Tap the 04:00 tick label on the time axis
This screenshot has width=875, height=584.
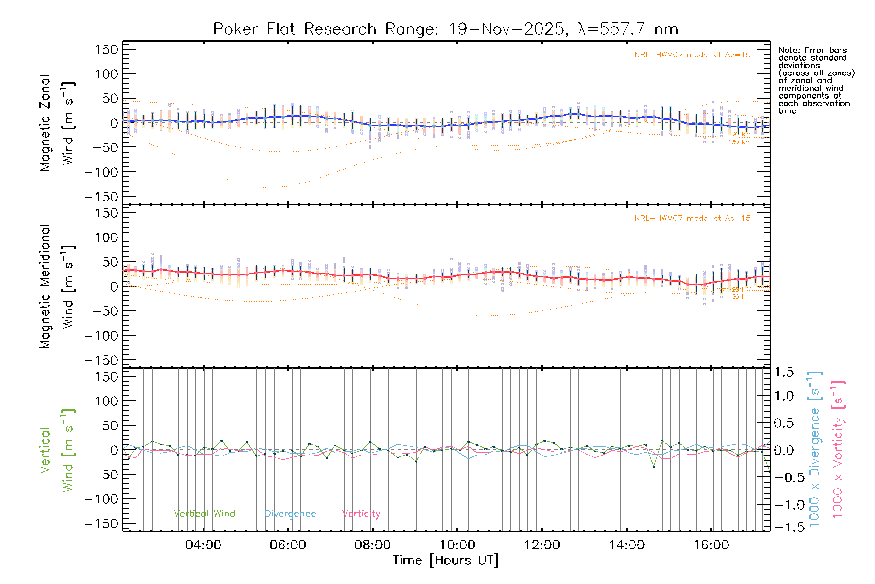pos(203,545)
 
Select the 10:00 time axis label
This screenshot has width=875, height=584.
pos(457,545)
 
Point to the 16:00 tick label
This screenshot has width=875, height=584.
pos(711,545)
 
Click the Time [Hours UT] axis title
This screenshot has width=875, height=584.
pos(446,560)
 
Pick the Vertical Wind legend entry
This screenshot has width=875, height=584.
pos(205,514)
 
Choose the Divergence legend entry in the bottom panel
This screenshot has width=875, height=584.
pos(290,514)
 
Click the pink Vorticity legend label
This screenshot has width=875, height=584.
pos(361,514)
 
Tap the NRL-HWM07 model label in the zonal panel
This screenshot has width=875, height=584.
pos(692,55)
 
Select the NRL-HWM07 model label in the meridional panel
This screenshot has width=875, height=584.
pos(692,219)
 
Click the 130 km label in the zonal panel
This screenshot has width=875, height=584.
pos(739,142)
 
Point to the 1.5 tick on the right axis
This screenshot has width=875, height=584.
pos(784,372)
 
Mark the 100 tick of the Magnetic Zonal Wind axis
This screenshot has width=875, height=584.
pos(107,74)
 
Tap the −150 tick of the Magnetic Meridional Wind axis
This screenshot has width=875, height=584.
pos(101,360)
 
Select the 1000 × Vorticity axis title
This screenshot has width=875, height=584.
pos(838,449)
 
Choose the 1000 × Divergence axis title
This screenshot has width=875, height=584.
pos(815,449)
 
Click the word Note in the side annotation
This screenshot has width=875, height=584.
pos(788,50)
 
